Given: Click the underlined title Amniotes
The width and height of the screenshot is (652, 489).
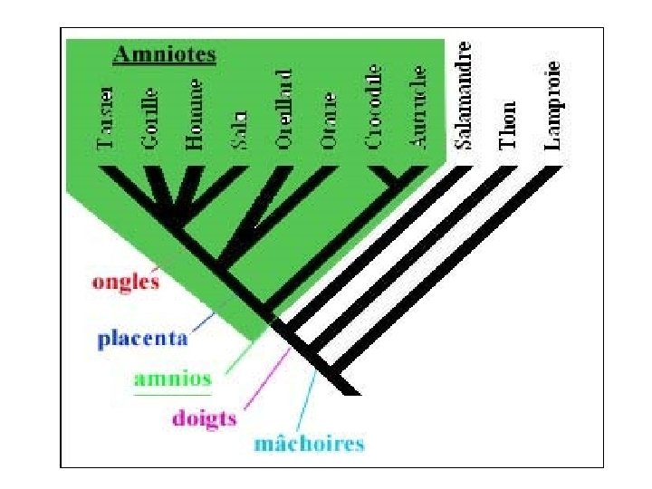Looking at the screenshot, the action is (164, 54).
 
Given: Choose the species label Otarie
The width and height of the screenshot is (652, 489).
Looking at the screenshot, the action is (329, 120).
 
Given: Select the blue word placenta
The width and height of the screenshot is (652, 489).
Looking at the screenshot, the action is (143, 340).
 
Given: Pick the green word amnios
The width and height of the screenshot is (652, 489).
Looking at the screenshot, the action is (172, 379).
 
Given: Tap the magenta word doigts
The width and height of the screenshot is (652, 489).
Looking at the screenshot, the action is (204, 417).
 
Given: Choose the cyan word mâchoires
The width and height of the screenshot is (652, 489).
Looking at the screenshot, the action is (309, 444).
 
